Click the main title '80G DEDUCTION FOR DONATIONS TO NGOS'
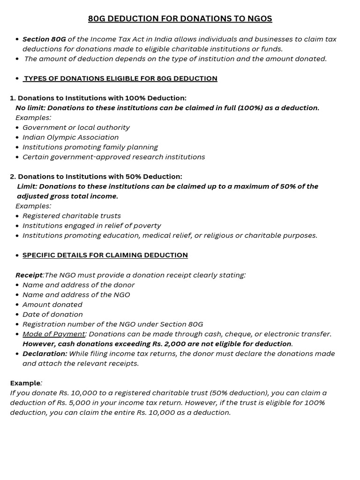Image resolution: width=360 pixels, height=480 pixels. pos(180,19)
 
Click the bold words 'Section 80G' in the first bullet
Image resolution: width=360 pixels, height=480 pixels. pos(44,39)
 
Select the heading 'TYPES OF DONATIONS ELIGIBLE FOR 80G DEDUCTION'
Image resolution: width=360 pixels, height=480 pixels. pos(120,78)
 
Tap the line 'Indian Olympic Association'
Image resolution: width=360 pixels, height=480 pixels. pos(70,137)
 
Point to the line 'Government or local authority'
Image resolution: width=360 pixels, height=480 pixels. pos(76,127)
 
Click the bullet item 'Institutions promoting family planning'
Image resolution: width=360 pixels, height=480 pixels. pos(90,147)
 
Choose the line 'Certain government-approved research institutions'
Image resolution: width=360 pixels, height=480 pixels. pos(113,157)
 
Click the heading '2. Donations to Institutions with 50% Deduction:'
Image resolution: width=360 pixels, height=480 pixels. pos(96,177)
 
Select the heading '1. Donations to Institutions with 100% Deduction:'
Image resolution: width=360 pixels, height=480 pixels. pos(98,98)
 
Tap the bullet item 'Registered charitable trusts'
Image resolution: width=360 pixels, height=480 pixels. pos(72,216)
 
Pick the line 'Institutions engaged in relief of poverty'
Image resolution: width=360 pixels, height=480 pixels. pos(91,226)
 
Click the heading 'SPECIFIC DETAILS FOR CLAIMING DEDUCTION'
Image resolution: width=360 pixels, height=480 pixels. pos(105,255)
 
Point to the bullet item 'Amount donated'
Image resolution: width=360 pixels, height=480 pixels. pos(52,305)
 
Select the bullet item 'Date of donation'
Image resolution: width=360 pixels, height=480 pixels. pos(52,315)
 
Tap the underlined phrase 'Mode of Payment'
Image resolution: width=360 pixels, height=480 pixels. pos(54,334)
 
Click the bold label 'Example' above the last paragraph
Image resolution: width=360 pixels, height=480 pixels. pos(25,383)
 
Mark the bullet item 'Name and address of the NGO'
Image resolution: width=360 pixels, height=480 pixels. pos(76,295)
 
